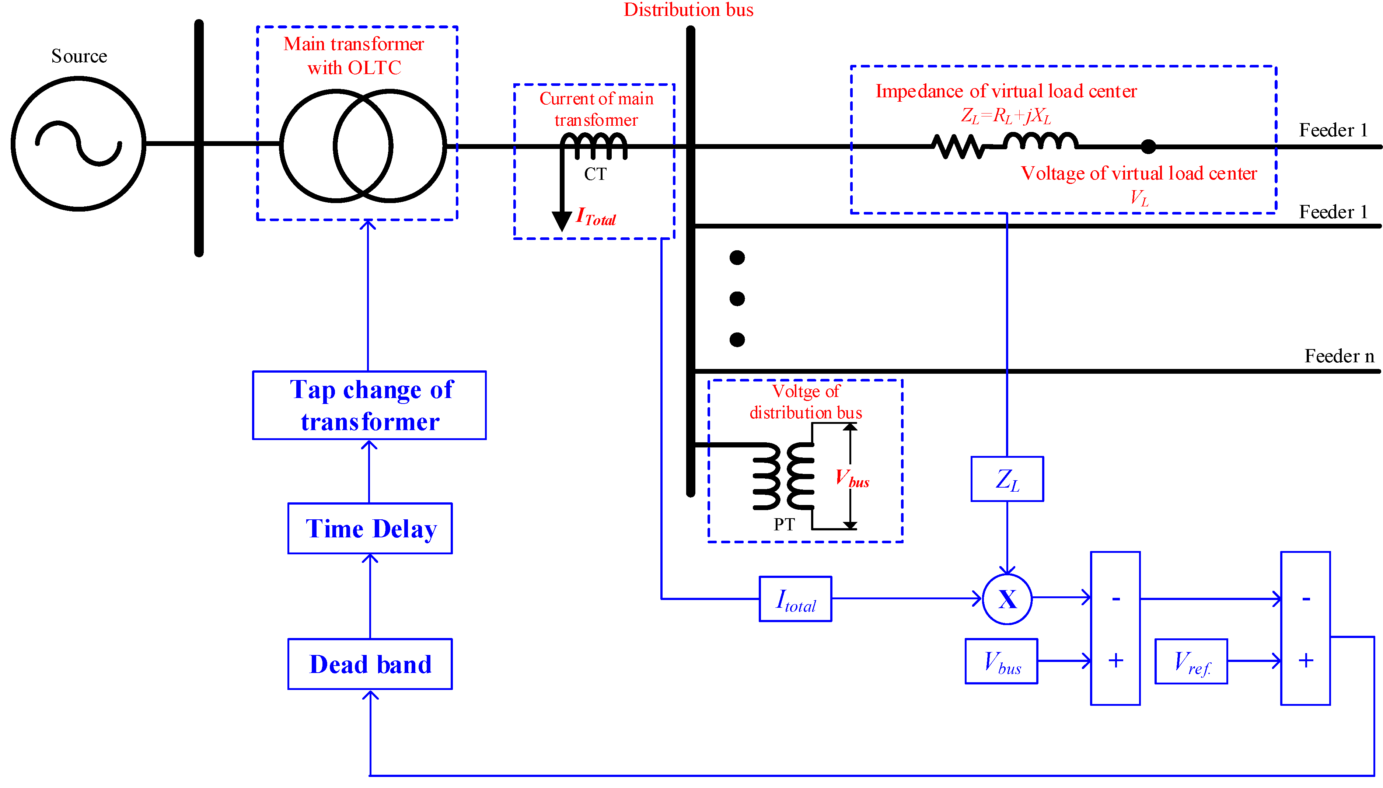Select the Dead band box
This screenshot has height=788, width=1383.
[x=370, y=664]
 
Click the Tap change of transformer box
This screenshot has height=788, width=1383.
[x=370, y=405]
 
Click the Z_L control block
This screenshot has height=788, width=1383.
[x=1007, y=480]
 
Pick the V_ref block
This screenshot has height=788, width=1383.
[x=1191, y=661]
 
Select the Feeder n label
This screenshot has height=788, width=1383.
[x=1339, y=356]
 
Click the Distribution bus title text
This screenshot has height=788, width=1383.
[x=688, y=10]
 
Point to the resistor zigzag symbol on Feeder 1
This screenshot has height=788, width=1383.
[x=958, y=146]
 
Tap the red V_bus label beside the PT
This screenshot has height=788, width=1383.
[x=852, y=478]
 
